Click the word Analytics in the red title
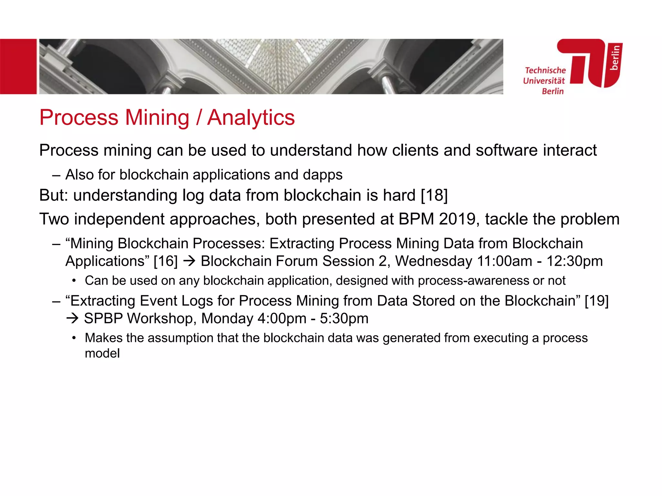[251, 118]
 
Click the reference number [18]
[434, 195]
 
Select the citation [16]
[165, 261]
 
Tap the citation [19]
[596, 301]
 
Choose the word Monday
[227, 319]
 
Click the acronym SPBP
[103, 319]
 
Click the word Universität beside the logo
[544, 81]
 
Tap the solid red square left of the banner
[18, 67]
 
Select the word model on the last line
[102, 354]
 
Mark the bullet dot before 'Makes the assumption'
[74, 338]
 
